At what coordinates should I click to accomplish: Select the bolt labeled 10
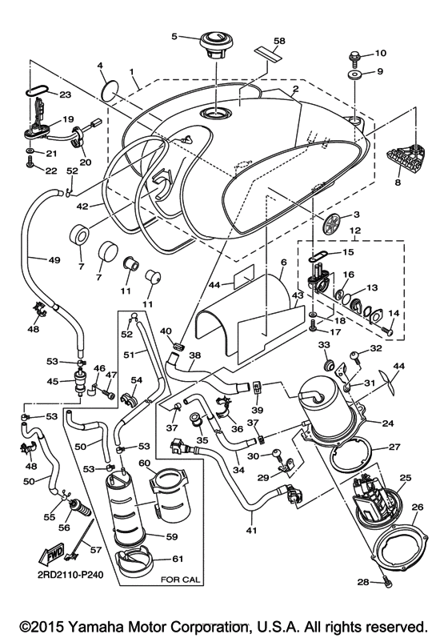click(352, 56)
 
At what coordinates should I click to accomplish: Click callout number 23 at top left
click(66, 94)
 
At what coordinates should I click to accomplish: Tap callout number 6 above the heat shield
click(282, 263)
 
